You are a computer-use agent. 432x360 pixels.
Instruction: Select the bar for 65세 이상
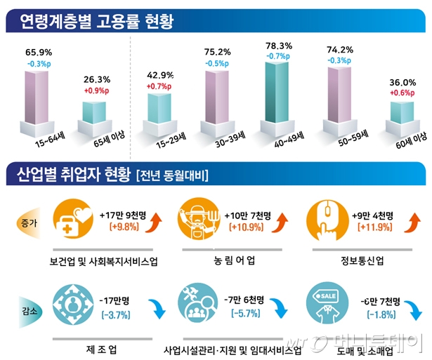[96, 115]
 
